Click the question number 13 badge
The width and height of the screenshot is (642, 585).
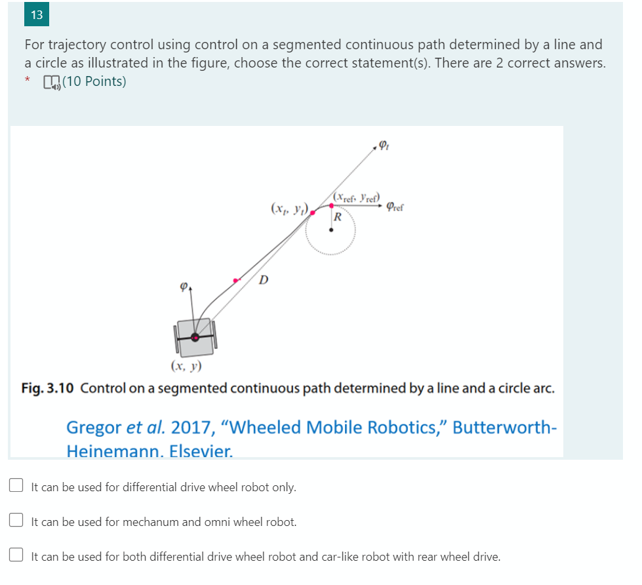point(36,15)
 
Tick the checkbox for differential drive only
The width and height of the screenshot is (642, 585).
point(16,486)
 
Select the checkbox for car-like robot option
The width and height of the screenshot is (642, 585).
point(16,555)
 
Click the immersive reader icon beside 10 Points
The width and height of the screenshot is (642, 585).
point(50,82)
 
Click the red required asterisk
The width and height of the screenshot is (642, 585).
point(28,81)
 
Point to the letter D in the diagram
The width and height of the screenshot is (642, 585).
point(263,280)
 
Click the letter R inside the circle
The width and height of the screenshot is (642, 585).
point(337,217)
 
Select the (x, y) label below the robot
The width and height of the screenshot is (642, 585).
point(186,365)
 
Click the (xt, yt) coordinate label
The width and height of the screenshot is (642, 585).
point(288,209)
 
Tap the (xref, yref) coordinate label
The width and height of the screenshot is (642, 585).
point(356,196)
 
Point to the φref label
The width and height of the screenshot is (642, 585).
point(395,207)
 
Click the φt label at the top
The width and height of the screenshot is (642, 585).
point(384,146)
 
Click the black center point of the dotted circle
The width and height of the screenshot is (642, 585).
point(331,230)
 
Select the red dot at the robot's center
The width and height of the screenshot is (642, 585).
point(195,337)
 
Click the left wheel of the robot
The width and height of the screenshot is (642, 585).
point(176,339)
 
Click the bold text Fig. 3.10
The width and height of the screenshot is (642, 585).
point(49,388)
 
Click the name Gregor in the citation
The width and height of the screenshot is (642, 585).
point(94,428)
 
